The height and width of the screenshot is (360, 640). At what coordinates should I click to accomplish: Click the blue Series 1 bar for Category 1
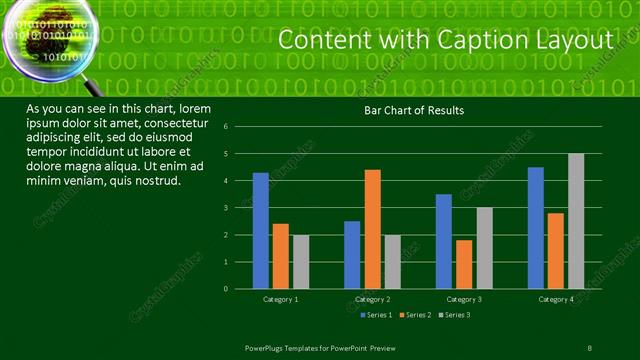click(x=261, y=230)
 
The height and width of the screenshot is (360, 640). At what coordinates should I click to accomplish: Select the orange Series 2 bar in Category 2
click(x=372, y=229)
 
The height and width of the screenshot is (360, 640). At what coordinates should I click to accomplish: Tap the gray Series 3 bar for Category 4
click(x=576, y=221)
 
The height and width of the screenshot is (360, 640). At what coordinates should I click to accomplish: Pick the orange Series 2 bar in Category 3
click(x=464, y=264)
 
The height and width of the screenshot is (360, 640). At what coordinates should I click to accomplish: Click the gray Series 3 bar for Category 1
click(x=301, y=261)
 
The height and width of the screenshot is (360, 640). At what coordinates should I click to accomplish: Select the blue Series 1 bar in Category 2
click(x=352, y=254)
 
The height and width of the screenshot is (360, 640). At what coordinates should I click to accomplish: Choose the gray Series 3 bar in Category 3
click(x=484, y=248)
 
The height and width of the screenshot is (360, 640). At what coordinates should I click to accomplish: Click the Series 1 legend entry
click(x=374, y=315)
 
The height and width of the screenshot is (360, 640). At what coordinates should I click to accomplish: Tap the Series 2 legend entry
click(x=413, y=315)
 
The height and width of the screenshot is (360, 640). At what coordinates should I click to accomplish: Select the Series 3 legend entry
click(x=452, y=315)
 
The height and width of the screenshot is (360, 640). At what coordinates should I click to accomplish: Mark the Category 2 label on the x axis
click(x=372, y=299)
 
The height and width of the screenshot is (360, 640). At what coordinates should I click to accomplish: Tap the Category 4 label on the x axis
click(x=556, y=299)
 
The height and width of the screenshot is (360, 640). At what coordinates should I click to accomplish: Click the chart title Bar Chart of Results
click(x=413, y=110)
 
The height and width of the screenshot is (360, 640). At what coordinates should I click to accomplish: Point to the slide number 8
click(x=588, y=347)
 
